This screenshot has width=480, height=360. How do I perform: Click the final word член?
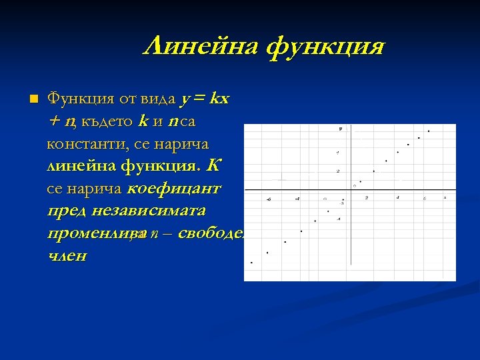pyautogui.click(x=67, y=256)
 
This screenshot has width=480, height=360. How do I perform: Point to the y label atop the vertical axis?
pyautogui.click(x=340, y=127)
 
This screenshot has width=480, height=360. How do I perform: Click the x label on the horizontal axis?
pyautogui.click(x=445, y=197)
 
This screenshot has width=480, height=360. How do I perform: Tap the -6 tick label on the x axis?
pyautogui.click(x=268, y=199)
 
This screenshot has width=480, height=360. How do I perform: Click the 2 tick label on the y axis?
pyautogui.click(x=338, y=171)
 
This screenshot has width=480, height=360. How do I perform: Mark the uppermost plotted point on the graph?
pyautogui.click(x=429, y=131)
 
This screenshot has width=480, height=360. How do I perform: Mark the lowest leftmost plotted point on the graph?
pyautogui.click(x=251, y=263)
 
